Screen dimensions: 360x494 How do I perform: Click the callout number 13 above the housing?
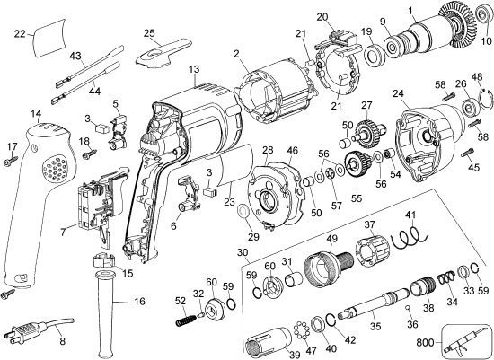click(194, 70)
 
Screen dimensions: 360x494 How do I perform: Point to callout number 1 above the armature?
click(412, 11)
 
